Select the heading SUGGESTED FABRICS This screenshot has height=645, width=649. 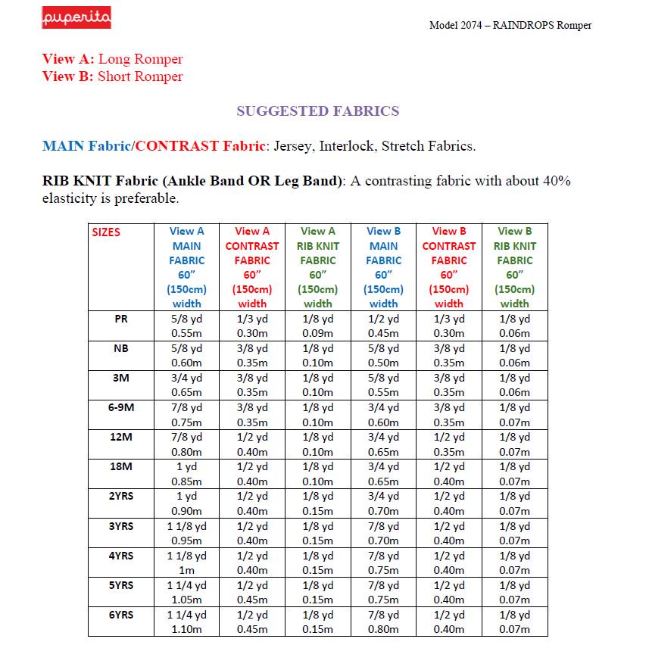click(x=317, y=111)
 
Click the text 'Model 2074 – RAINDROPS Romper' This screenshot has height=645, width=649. click(x=510, y=25)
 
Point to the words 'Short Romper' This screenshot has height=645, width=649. click(x=140, y=76)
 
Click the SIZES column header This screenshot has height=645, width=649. click(x=106, y=232)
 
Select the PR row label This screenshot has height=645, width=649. click(x=120, y=319)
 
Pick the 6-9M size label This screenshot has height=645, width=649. click(x=120, y=407)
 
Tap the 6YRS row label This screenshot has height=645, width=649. click(x=120, y=615)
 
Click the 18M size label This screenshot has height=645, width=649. click(x=120, y=466)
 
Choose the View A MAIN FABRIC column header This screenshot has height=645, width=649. click(x=186, y=267)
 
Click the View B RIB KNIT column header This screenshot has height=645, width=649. click(x=514, y=267)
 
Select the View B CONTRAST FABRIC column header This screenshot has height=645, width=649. click(x=448, y=267)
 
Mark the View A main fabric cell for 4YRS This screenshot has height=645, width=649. click(x=186, y=562)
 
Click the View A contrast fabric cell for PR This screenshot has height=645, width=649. click(x=252, y=326)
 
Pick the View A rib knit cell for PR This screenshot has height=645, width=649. click(x=317, y=326)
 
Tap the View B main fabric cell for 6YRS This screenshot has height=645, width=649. click(x=383, y=622)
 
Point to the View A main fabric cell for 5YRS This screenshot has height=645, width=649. click(x=186, y=592)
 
